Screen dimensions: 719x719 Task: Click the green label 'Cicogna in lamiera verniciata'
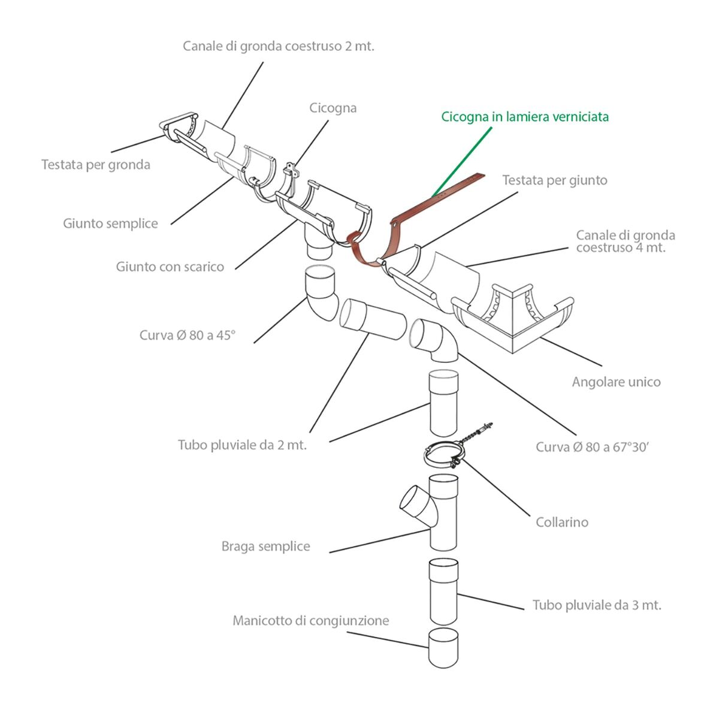pyautogui.click(x=525, y=117)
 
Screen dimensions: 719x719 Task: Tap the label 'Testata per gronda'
pyautogui.click(x=96, y=165)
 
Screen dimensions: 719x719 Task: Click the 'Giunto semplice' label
pyautogui.click(x=110, y=223)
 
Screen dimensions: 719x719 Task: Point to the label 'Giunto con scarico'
pyautogui.click(x=170, y=267)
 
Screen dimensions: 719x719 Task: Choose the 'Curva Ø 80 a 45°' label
pyautogui.click(x=188, y=335)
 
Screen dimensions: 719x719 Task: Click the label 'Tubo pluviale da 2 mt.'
pyautogui.click(x=242, y=445)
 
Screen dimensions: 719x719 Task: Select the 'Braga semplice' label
pyautogui.click(x=265, y=546)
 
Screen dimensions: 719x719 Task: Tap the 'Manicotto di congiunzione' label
pyautogui.click(x=311, y=621)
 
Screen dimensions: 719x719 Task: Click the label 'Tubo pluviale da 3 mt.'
pyautogui.click(x=597, y=605)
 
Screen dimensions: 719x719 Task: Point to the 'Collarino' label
pyautogui.click(x=562, y=522)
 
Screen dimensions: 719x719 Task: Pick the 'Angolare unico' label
pyautogui.click(x=617, y=382)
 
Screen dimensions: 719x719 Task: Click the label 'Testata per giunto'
pyautogui.click(x=555, y=180)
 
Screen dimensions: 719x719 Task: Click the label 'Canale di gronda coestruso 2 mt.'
pyautogui.click(x=279, y=46)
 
